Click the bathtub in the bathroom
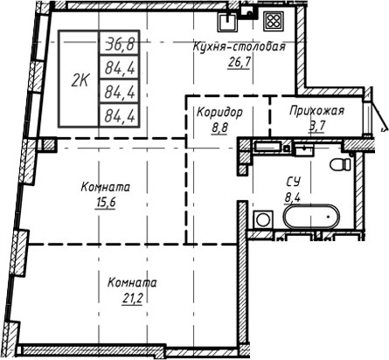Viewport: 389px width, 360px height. [x=309, y=218]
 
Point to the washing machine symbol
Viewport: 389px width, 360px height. [x=261, y=221]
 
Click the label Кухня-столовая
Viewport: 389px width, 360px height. [x=240, y=48]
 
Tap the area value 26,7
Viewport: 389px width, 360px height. [x=239, y=63]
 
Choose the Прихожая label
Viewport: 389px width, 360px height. [x=316, y=111]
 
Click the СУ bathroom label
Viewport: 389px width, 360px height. [x=295, y=181]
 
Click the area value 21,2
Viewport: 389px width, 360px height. [x=132, y=298]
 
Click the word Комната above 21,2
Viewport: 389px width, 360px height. [x=132, y=283]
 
